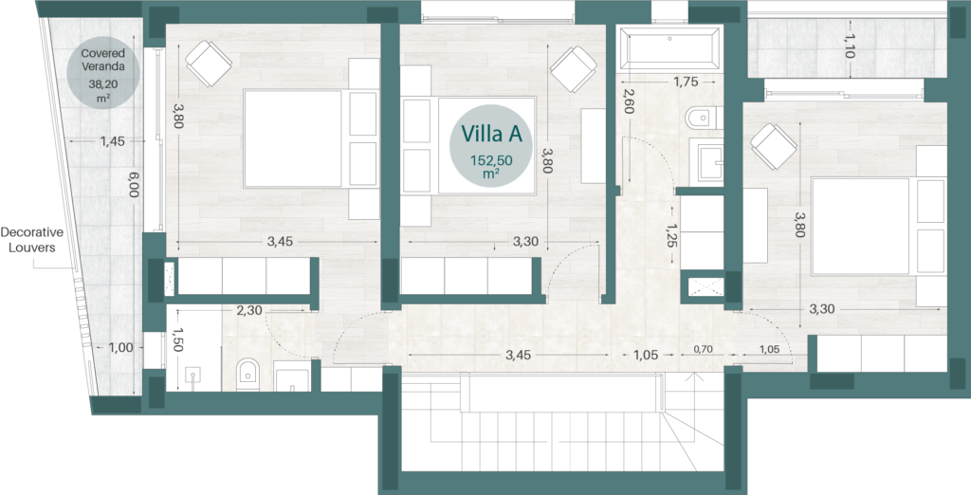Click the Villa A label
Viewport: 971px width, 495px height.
[492, 135]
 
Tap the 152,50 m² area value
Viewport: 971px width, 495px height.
[492, 166]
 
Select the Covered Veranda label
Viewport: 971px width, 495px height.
[103, 60]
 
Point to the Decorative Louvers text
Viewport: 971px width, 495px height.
[32, 240]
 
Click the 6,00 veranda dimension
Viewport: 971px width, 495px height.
[133, 184]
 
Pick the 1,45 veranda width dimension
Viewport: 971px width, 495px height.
[113, 141]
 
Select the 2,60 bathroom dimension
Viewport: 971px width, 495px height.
[628, 101]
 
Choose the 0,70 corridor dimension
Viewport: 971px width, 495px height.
[703, 349]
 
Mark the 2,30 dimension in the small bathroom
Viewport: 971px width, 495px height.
[249, 311]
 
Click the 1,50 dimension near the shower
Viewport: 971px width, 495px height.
[177, 340]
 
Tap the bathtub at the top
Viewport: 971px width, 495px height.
[670, 47]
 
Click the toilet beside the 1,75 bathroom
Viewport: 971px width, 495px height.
[703, 118]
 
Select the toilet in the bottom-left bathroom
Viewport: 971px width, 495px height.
[247, 375]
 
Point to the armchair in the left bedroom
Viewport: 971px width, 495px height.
[209, 64]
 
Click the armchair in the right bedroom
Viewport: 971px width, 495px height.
[774, 147]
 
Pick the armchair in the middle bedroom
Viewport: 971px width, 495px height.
[574, 69]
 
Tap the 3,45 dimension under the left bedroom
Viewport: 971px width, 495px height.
[280, 242]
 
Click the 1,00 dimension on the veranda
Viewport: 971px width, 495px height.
[120, 348]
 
